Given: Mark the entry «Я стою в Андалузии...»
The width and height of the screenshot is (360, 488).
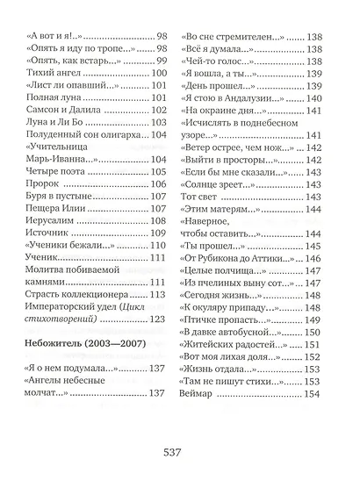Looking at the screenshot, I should click(236, 98).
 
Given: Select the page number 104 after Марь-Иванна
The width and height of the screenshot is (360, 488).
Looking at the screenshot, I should click(159, 160).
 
